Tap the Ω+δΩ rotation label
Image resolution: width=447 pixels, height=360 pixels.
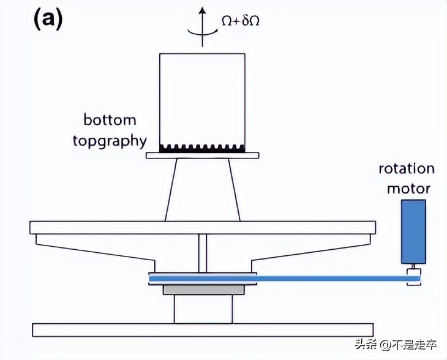(x=241, y=21)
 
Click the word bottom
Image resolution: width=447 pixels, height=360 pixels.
(x=110, y=119)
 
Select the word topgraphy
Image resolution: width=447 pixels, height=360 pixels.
(x=110, y=141)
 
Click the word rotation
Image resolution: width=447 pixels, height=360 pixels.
(x=407, y=168)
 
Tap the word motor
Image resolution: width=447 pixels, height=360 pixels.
(x=408, y=188)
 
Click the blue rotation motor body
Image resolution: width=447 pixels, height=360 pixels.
(x=413, y=231)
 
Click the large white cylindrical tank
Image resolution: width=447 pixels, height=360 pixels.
(x=202, y=98)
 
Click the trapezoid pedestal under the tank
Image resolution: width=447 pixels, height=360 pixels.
(x=202, y=190)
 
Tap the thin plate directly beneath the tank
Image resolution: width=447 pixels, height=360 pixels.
(x=202, y=156)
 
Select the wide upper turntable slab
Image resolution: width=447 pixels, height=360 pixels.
(x=202, y=227)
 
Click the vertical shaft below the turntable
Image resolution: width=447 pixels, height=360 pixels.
(x=203, y=253)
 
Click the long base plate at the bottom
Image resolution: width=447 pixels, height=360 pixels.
(x=202, y=329)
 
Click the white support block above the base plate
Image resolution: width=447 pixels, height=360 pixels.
(x=201, y=309)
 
